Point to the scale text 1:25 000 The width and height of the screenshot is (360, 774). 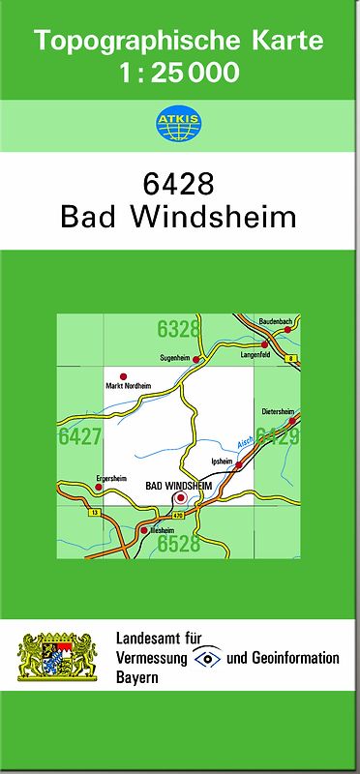tap(178, 73)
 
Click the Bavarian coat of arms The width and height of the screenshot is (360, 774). tap(59, 656)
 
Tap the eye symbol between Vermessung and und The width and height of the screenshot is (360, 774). tap(206, 659)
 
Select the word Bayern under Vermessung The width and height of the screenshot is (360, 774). tap(137, 676)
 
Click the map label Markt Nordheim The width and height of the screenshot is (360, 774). tap(128, 386)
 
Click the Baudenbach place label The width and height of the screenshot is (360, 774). tap(277, 320)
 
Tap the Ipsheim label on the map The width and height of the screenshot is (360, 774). tap(221, 461)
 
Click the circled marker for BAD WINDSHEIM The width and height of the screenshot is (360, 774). tap(179, 497)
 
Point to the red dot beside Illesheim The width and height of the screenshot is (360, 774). tap(144, 530)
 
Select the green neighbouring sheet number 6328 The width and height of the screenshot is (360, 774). tap(179, 329)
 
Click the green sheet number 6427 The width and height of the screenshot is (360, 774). tap(79, 436)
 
